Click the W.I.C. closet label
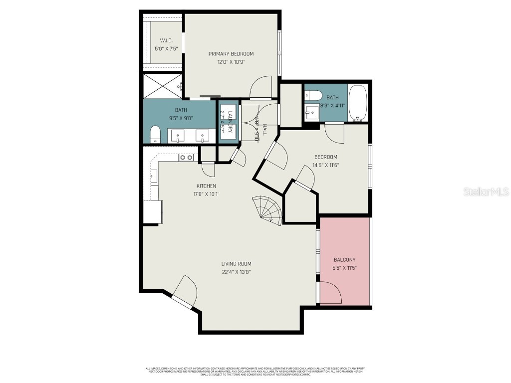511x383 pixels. click(x=166, y=40)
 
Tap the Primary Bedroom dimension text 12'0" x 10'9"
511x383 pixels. click(x=231, y=62)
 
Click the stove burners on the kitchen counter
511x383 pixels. click(x=187, y=158)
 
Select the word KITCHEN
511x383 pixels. click(x=206, y=186)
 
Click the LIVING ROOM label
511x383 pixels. click(x=236, y=264)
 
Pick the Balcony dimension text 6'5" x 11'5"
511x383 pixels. click(x=344, y=268)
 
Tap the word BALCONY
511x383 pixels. click(x=344, y=260)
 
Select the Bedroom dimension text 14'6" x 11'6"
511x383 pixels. click(x=325, y=165)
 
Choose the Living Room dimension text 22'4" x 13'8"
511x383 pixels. click(x=236, y=272)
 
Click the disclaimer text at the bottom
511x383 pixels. click(x=255, y=371)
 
